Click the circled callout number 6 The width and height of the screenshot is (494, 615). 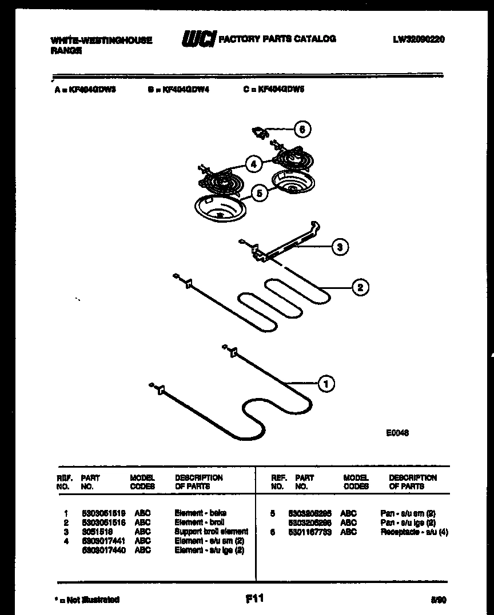(302, 130)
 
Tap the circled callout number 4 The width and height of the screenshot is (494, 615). (253, 164)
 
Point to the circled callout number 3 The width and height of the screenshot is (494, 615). (340, 247)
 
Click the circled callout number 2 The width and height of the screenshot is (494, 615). (360, 287)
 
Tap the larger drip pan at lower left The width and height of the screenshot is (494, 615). (221, 208)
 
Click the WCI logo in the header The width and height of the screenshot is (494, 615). (198, 39)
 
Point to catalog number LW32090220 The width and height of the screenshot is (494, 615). (419, 39)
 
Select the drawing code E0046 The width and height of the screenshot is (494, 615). (397, 433)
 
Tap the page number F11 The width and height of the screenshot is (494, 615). (254, 598)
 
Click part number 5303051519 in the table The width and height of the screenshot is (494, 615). (103, 513)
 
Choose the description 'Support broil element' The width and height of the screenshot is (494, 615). (211, 532)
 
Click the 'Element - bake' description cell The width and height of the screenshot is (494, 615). (200, 513)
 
